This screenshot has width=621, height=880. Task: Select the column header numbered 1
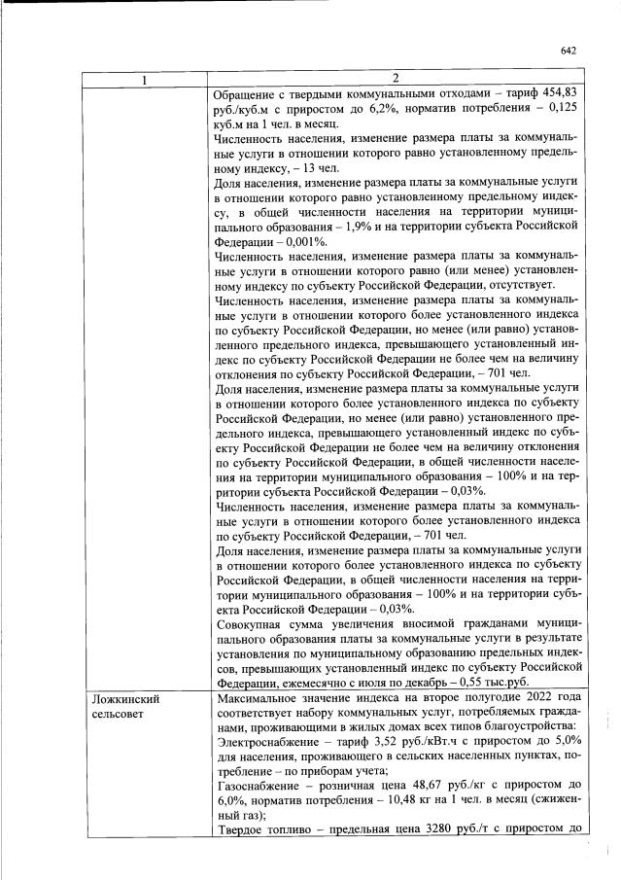[x=146, y=79]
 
